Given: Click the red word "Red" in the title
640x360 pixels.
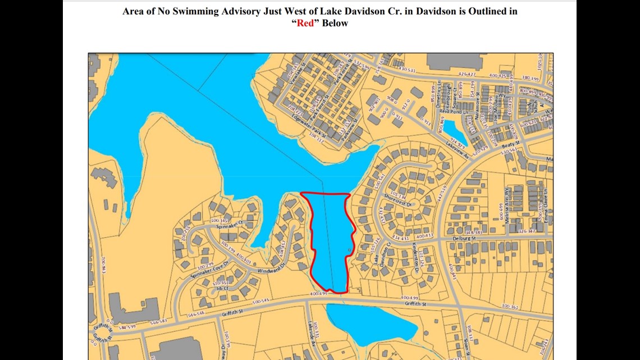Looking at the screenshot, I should coord(305,23).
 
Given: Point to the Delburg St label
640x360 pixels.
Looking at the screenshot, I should coord(464,238).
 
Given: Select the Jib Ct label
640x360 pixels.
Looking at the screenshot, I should coord(220,288).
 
